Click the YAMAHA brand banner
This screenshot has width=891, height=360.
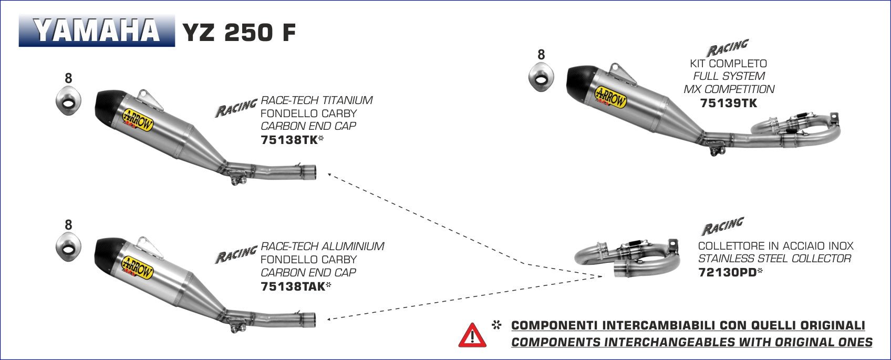pos(97,31)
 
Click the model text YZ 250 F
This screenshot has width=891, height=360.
pos(239,33)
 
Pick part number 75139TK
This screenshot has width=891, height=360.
pos(729,103)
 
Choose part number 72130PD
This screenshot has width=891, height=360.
pos(727,272)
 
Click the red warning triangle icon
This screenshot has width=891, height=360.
pos(472,335)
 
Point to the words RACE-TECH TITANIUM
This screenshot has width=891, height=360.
pos(317,100)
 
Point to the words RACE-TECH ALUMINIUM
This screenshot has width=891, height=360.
pos(323,246)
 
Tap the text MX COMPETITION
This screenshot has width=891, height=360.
pos(729,89)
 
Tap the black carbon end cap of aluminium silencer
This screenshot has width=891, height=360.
pos(107,252)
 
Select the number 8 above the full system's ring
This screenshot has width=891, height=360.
pos(541,55)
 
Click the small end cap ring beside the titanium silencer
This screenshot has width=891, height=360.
pos(68,99)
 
